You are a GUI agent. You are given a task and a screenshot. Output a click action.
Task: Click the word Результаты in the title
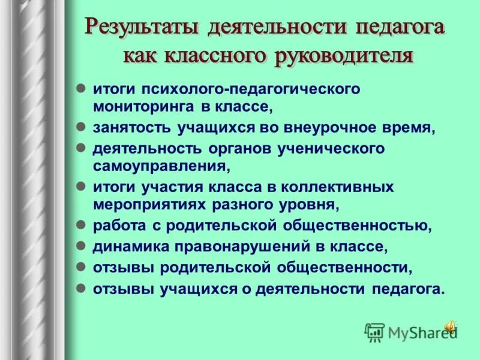tap(143, 28)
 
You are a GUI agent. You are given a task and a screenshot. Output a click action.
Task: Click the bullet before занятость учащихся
tap(81, 127)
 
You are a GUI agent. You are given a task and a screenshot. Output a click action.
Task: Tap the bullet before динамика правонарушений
tap(81, 245)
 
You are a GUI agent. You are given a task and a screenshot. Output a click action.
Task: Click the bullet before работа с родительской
tap(81, 225)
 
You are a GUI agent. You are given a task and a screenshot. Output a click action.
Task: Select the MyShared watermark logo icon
tap(375, 331)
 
